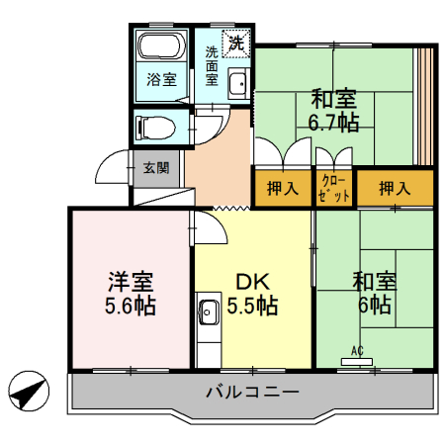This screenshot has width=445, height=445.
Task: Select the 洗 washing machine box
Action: click(x=237, y=43)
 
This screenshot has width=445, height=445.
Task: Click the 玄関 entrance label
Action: click(x=155, y=168)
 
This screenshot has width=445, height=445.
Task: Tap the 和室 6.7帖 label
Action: click(x=334, y=110)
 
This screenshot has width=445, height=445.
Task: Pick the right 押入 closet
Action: click(x=396, y=188)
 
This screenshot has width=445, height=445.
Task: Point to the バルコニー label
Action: click(x=252, y=392)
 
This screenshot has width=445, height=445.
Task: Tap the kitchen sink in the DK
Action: click(x=209, y=312)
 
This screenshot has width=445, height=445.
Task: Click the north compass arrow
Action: click(x=28, y=393)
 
